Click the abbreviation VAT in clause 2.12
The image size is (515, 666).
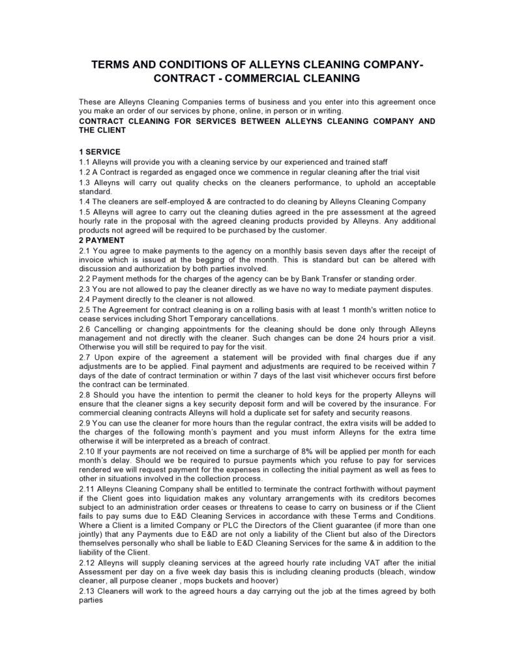303,562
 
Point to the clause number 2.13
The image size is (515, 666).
87,591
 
